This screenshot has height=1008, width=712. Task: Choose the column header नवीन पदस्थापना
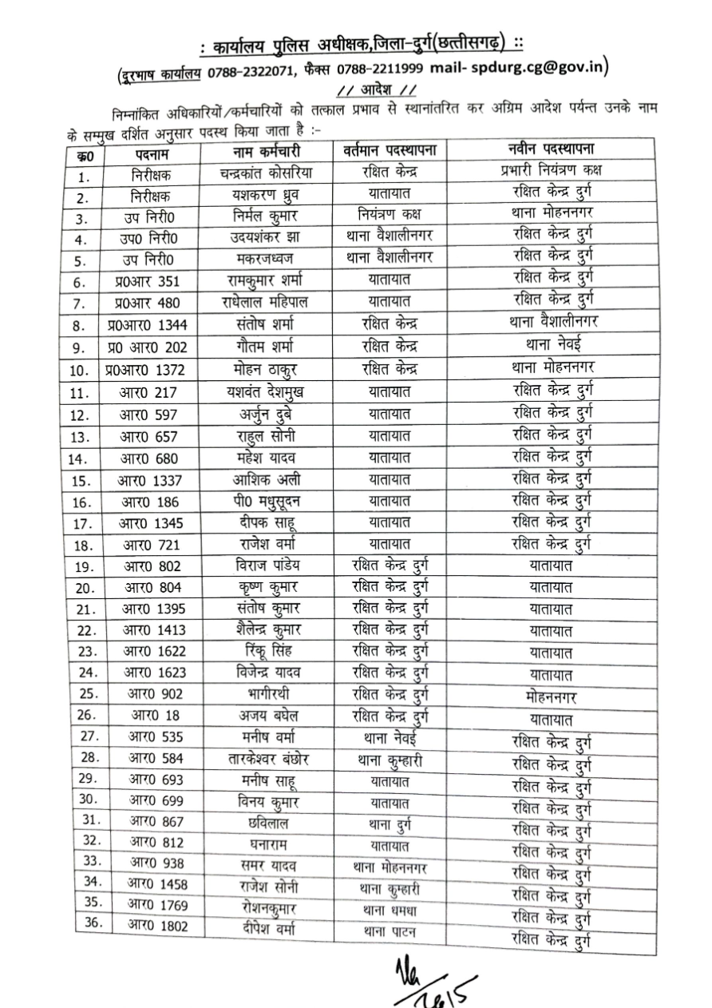pos(548,148)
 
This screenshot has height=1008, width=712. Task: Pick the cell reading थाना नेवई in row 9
pos(549,347)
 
